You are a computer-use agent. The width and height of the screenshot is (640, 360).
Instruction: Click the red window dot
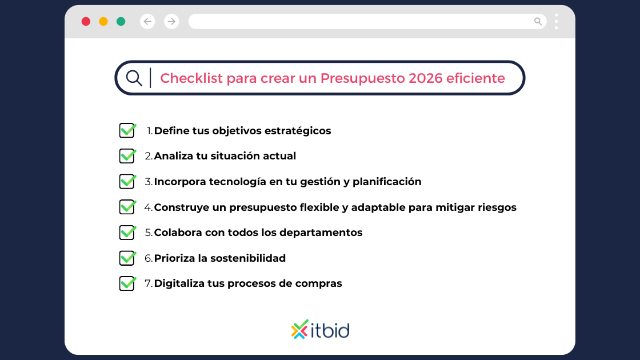pos(86,22)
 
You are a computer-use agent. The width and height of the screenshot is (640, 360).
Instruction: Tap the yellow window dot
pos(103,22)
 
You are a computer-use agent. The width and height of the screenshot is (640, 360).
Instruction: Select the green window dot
pos(121,22)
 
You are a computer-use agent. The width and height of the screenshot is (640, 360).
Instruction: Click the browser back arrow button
pos(147,22)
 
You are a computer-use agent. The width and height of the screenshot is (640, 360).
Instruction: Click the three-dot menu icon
pos(556,22)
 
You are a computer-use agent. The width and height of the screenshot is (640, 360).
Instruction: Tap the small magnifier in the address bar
pos(538,22)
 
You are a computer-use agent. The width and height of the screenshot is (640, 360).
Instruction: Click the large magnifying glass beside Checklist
pos(134,78)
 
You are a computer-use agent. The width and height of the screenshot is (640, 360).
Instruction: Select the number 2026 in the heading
pos(426,78)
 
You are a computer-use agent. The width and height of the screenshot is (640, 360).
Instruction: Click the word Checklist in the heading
pos(191,78)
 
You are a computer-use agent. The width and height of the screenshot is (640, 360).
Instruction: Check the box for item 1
pos(127,130)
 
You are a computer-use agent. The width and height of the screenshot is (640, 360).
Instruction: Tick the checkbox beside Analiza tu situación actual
pos(127,156)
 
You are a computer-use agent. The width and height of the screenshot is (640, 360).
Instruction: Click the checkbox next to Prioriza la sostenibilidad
pos(127,258)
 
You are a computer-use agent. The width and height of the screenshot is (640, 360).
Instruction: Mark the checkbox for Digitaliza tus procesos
pos(127,283)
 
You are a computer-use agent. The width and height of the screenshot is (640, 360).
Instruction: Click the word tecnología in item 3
pos(238,182)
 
